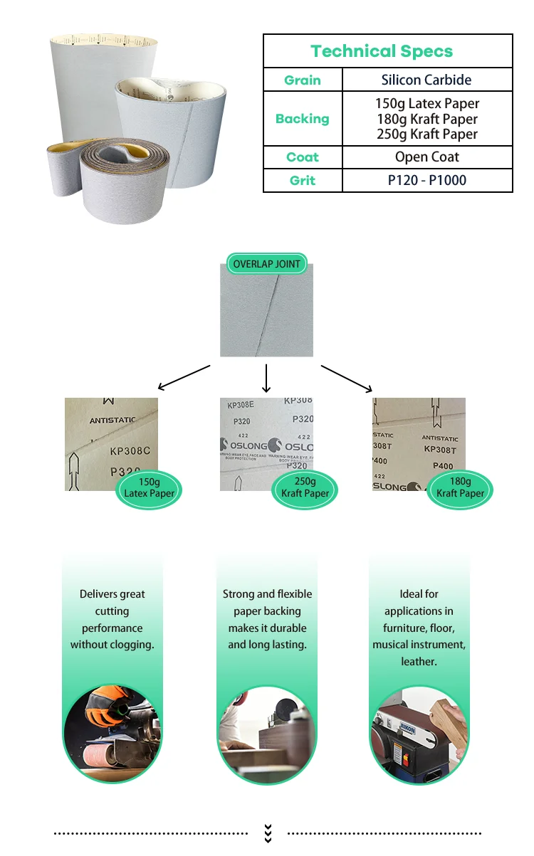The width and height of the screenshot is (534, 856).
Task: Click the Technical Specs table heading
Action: click(382, 51)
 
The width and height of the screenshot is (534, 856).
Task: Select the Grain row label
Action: click(303, 80)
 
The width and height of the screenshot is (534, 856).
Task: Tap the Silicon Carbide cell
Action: click(426, 80)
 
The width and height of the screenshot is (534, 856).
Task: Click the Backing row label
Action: click(303, 119)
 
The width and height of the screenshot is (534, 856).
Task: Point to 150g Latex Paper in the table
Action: click(427, 104)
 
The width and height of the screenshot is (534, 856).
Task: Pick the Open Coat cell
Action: click(427, 157)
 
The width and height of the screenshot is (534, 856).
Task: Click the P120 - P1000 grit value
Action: click(427, 181)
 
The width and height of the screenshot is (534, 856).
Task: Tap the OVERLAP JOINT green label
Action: click(267, 264)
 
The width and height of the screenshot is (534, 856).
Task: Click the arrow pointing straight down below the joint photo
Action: click(266, 379)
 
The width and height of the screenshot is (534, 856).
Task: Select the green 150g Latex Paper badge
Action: click(149, 488)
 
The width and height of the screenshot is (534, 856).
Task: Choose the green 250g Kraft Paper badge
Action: click(305, 488)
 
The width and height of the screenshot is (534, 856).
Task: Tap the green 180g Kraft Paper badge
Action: click(460, 488)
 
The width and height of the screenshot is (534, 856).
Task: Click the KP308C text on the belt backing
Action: click(130, 451)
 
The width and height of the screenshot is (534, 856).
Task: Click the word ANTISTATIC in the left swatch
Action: click(112, 421)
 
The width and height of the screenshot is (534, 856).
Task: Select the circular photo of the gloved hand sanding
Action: click(112, 733)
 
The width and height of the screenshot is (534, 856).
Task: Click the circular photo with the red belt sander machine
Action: click(419, 733)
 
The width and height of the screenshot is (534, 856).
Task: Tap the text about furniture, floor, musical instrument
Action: click(419, 628)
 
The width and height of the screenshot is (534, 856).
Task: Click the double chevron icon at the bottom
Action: click(268, 833)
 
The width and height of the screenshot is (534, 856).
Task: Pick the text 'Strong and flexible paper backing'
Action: click(267, 603)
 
